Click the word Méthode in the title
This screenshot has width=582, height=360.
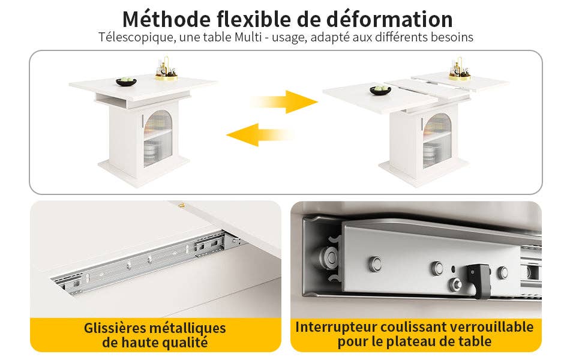point(167,19)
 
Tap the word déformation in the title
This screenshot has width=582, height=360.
point(389,19)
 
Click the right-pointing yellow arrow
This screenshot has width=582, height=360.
point(284,101)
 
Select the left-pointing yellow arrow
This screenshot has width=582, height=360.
point(260,135)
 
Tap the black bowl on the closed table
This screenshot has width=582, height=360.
point(126,82)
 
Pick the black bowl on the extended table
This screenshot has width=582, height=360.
point(380,90)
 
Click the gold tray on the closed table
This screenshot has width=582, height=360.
point(166,77)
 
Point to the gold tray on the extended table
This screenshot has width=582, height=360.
point(460,77)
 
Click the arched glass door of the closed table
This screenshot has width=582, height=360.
point(158,138)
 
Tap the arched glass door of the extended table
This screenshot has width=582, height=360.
point(437,140)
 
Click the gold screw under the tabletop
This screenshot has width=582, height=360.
point(181,205)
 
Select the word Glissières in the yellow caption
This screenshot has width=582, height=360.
point(115,328)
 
